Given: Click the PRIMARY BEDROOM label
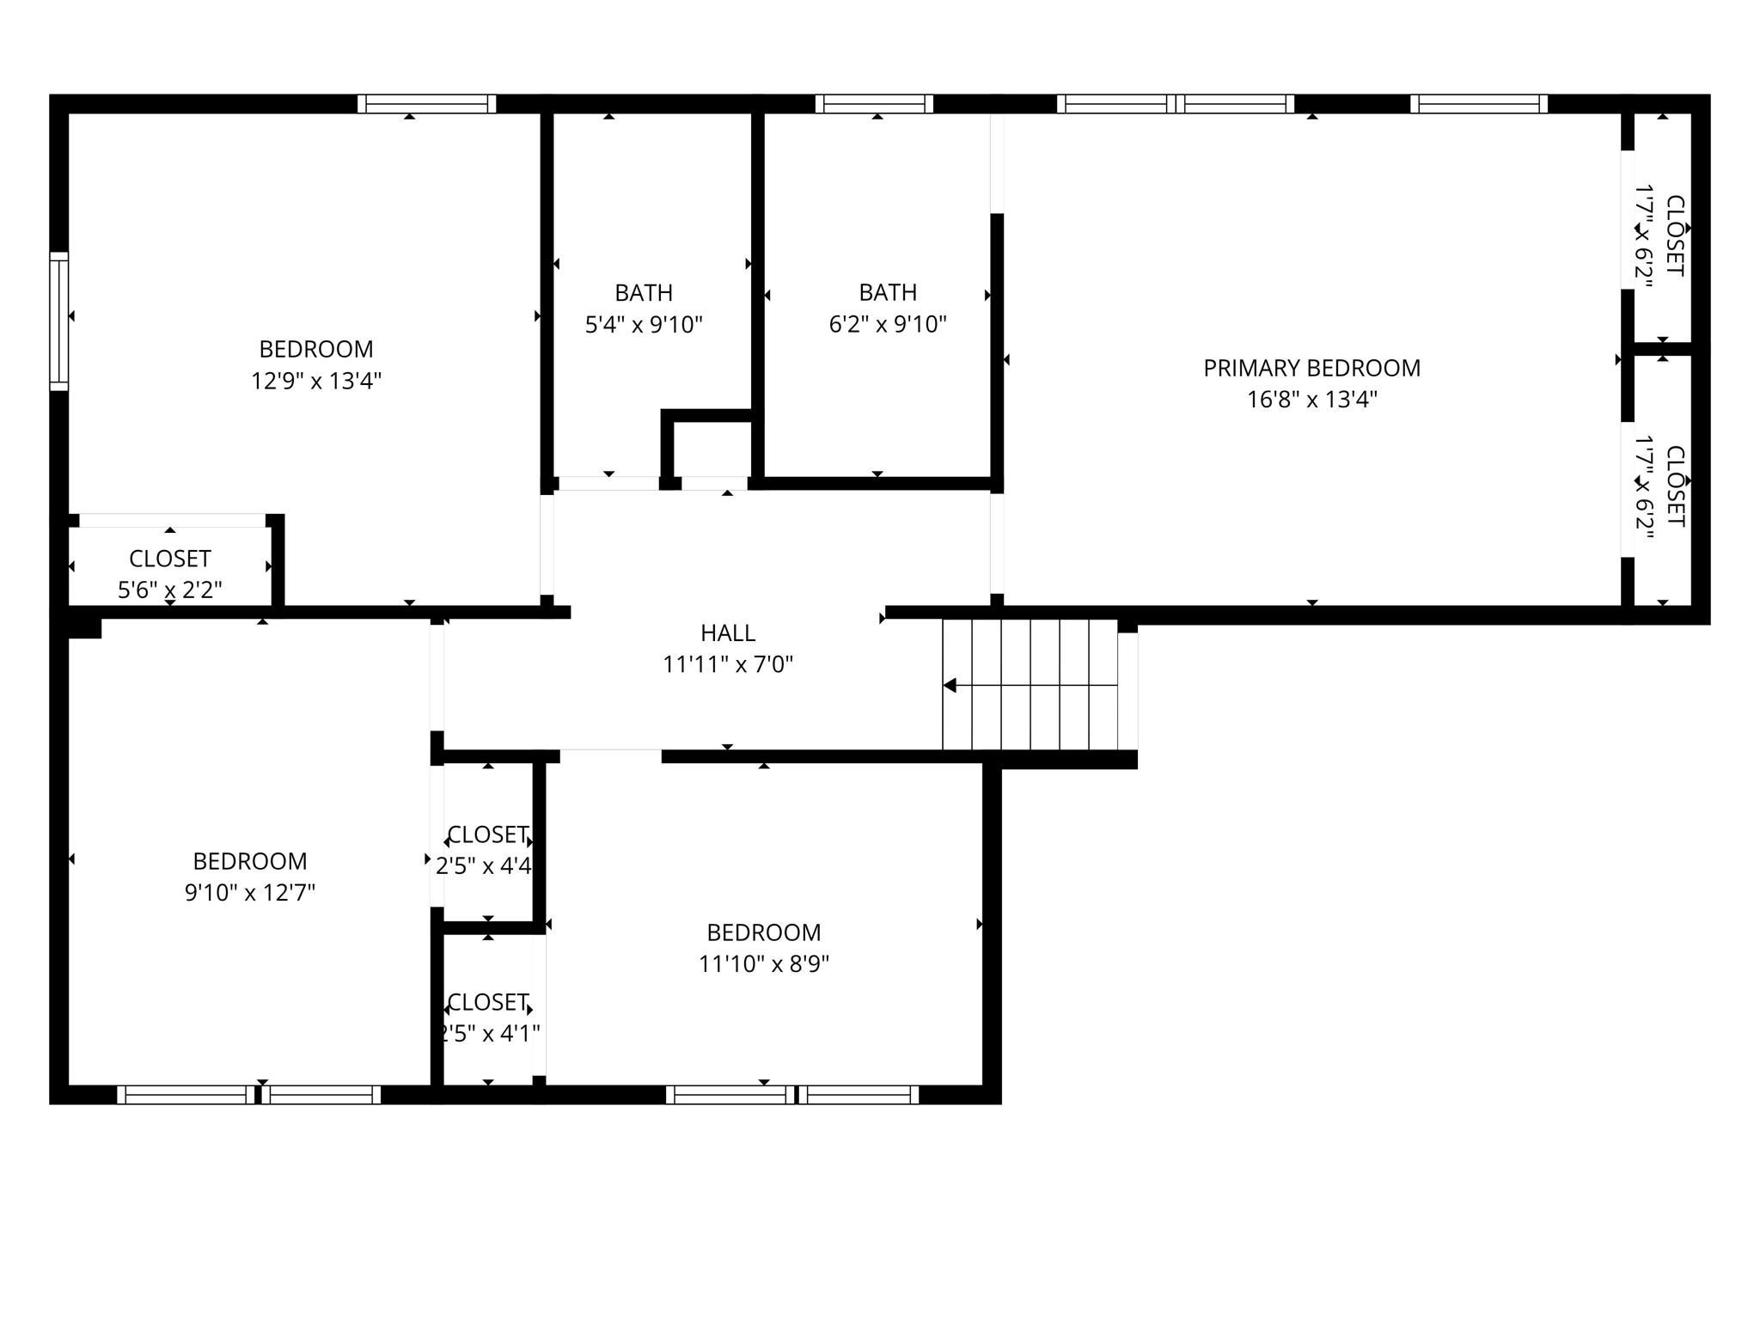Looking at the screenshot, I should pos(1311,368).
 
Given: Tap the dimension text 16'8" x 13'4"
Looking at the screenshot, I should pos(1311,400).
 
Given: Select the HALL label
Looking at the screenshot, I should pos(727,633).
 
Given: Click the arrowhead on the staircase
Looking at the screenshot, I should pos(950,685).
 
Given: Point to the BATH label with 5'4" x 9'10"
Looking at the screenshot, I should pos(644,293).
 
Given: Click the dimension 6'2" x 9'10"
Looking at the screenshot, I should pos(887,325).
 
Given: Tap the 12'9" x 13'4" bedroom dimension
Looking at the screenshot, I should pos(315,381).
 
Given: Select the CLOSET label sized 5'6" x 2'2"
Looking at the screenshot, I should pos(169,559).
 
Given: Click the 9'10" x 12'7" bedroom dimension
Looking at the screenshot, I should pos(249,893).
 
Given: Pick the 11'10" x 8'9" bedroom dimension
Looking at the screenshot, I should pos(763,964).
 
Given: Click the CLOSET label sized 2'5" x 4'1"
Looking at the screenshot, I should pos(487,1002).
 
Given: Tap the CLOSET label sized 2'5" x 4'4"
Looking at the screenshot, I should pos(487,834).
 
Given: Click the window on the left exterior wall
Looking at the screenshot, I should pos(58,321).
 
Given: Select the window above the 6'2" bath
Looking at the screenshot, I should pos(873,104).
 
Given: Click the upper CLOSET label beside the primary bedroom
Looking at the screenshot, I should pos(1674,235).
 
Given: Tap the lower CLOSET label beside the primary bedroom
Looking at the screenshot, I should pos(1674,486).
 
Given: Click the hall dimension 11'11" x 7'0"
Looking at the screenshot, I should pos(727,664).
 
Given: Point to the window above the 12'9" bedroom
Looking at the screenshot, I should pos(426,104).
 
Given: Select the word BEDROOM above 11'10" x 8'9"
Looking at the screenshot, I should pos(763,932).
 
